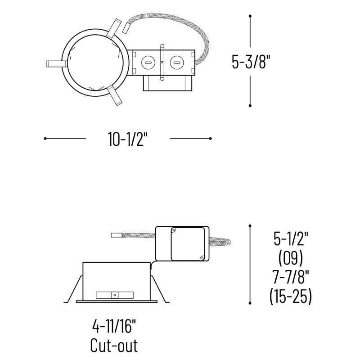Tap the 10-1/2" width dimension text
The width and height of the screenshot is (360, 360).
click(x=127, y=139)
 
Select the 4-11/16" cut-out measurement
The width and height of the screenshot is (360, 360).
click(x=114, y=327)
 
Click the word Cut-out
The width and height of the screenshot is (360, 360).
click(x=114, y=346)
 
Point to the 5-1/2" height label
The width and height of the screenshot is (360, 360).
click(x=291, y=239)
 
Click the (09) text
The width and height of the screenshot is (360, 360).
click(x=291, y=258)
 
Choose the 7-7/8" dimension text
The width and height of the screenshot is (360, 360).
click(x=291, y=277)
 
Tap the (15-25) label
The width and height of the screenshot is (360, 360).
click(x=291, y=296)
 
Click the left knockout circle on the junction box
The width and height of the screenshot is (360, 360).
click(x=148, y=63)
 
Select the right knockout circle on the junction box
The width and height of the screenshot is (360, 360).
click(x=176, y=63)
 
